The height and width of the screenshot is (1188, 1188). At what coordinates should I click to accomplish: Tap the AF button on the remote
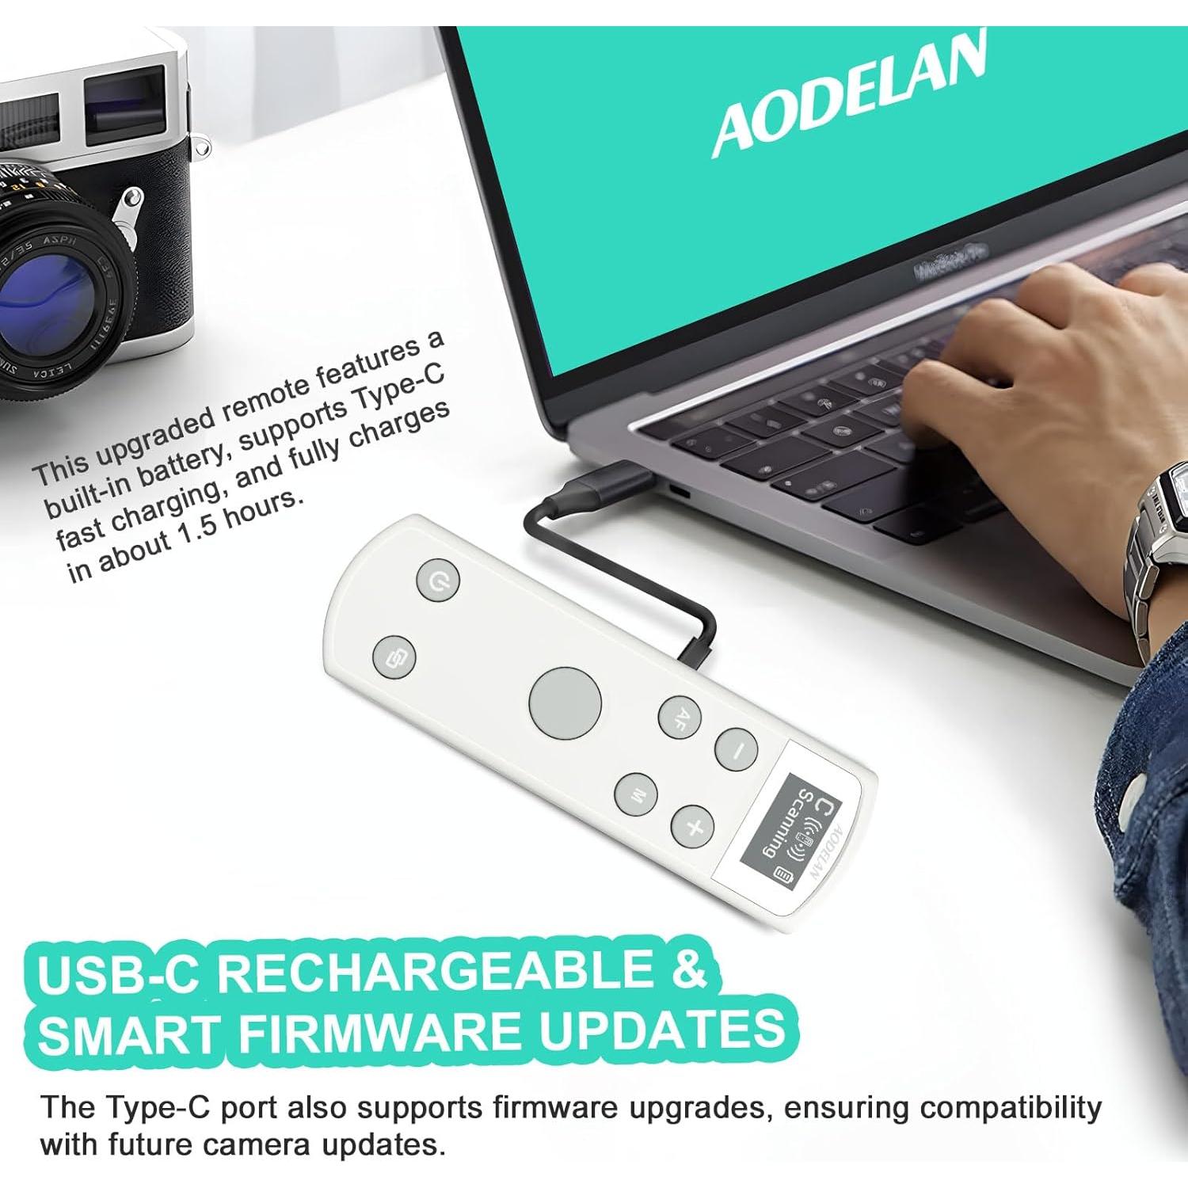pos(680,718)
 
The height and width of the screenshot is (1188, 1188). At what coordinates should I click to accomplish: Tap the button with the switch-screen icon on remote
pos(394,656)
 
